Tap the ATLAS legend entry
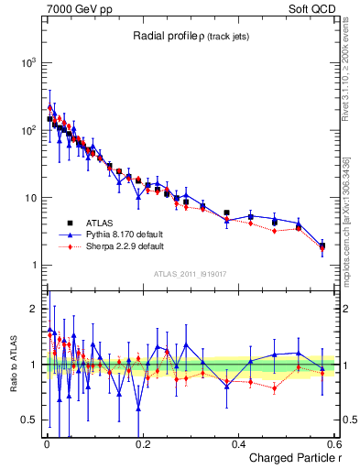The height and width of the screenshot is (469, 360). click(101, 223)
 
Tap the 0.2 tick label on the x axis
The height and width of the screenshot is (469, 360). click(142, 444)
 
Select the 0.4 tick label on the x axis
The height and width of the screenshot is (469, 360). click(237, 444)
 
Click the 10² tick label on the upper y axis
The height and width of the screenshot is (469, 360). click(28, 130)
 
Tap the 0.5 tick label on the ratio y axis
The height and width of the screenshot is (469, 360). click(30, 420)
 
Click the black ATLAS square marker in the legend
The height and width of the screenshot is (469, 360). click(69, 223)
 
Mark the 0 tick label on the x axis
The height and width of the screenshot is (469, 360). click(47, 444)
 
